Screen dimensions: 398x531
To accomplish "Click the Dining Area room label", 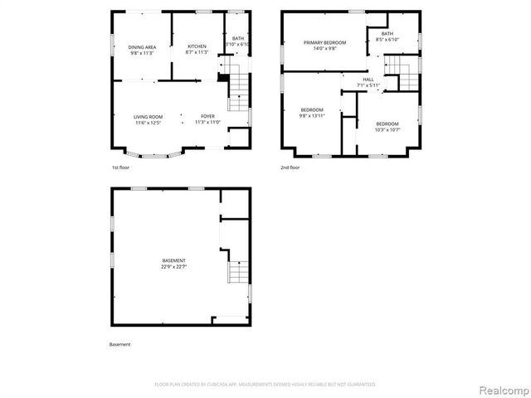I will point(142,47).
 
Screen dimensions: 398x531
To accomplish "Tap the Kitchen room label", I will point(197,46).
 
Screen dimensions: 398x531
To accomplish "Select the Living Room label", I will point(149,117).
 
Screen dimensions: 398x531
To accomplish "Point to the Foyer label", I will point(207,117).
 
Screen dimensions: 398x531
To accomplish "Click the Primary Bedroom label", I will point(324,42).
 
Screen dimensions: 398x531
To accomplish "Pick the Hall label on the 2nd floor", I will point(368,80).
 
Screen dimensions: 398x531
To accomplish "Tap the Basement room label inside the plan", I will point(173,260).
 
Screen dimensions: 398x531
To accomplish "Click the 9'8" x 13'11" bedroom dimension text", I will point(312,116).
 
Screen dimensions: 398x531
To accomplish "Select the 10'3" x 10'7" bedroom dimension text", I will point(387,129).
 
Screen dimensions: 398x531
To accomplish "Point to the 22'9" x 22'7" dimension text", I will point(173,266).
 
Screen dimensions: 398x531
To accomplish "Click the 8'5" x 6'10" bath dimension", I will point(387,40).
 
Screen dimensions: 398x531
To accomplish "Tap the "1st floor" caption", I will point(120,167).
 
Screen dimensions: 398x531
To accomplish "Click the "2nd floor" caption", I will point(290,167).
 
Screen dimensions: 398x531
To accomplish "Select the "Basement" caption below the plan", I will point(120,344).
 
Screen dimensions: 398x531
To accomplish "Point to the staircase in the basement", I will point(239,270).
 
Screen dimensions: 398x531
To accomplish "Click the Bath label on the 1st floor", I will point(239,38).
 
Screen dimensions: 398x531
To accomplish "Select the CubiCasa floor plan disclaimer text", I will point(265,385).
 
